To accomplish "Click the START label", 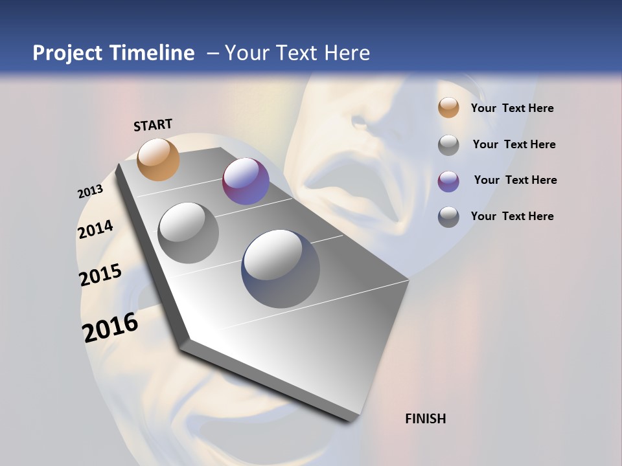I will [x=153, y=125].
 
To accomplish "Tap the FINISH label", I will [x=425, y=419].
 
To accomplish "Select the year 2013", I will [x=91, y=192].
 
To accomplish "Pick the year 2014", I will [x=95, y=229].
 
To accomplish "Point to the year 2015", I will [x=100, y=274].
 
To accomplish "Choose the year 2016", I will [x=110, y=327].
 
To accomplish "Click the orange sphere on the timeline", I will [x=158, y=159].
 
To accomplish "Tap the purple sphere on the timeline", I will [x=246, y=181].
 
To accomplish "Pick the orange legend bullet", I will [x=448, y=107].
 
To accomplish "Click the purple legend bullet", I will [x=448, y=181].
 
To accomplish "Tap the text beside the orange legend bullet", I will [x=512, y=108].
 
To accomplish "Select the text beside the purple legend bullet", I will [x=515, y=180].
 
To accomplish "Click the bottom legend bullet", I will [x=448, y=217].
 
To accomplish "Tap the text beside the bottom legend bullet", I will [x=512, y=216].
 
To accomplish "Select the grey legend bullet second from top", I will [x=448, y=145].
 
